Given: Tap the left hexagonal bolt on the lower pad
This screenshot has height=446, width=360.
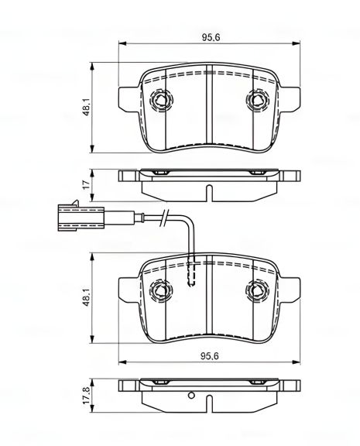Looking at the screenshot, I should point(160,291).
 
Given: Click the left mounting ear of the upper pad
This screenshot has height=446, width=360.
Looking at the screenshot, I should point(126,98).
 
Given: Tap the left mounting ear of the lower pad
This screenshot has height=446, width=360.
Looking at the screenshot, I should point(126,290).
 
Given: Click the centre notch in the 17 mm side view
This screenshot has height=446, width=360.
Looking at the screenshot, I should point(207,190).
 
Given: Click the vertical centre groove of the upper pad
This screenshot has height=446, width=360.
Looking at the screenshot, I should point(207,108).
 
